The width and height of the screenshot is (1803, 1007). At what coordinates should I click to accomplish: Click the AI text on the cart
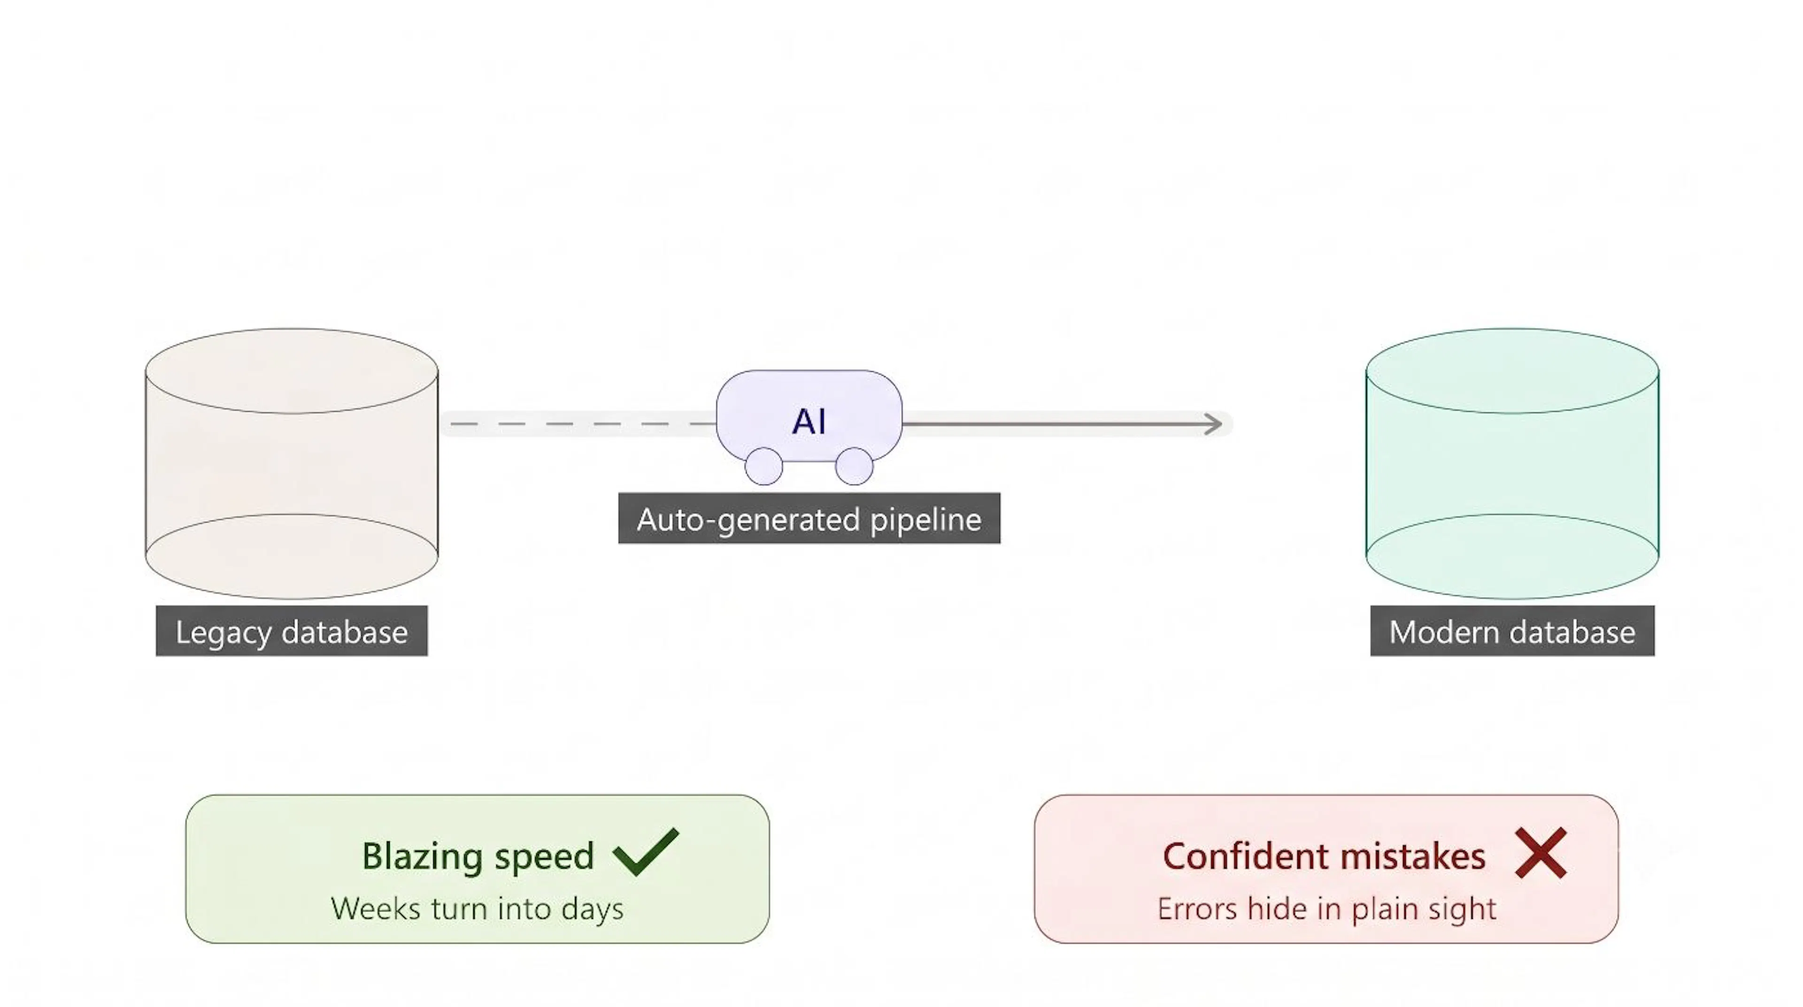click(x=809, y=421)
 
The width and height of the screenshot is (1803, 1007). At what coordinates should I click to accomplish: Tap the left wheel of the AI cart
click(x=763, y=466)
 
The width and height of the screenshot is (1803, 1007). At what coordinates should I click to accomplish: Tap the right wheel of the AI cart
click(x=854, y=466)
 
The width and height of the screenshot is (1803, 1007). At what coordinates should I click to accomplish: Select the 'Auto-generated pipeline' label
click(x=809, y=519)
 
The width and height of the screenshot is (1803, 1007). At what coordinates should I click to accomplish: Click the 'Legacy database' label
click(x=291, y=631)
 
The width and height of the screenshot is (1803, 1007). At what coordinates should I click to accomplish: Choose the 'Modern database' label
click(x=1512, y=631)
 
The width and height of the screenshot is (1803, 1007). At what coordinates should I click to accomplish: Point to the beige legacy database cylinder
click(x=291, y=464)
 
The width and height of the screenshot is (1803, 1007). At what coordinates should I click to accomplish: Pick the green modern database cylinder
click(x=1512, y=464)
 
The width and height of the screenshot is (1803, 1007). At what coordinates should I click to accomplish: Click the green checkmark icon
click(x=645, y=852)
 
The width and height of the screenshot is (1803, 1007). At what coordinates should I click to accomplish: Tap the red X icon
click(x=1541, y=853)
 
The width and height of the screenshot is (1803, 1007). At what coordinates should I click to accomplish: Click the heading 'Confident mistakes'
click(x=1324, y=856)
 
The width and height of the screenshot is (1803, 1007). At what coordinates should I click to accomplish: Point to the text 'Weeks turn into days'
click(x=478, y=909)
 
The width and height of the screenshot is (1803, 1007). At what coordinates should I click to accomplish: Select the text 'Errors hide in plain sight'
click(x=1327, y=909)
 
